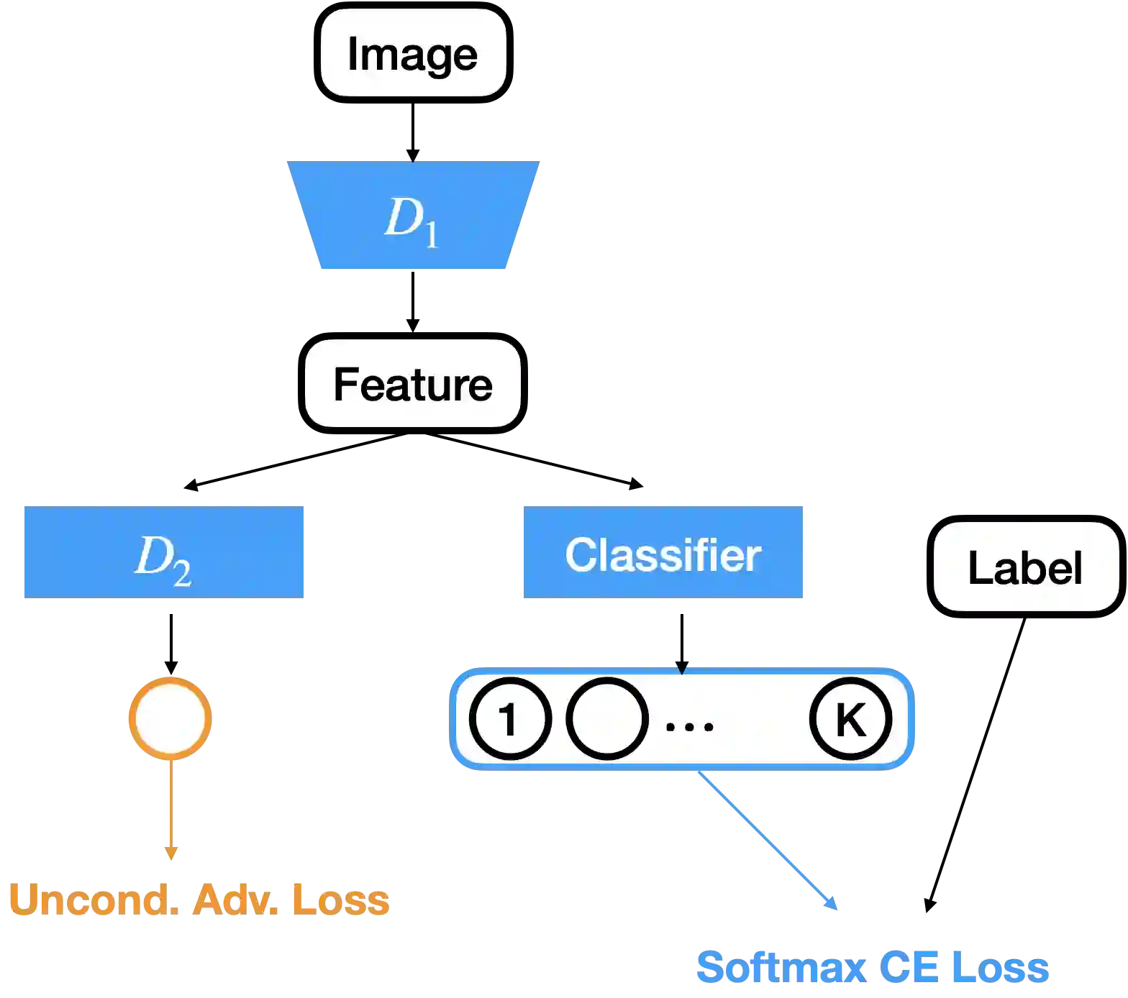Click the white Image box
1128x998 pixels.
413,53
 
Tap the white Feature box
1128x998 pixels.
412,384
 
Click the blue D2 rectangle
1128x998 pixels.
163,552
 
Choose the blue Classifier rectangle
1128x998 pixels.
663,552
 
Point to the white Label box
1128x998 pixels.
1025,567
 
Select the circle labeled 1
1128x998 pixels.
509,718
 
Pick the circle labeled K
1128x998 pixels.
850,718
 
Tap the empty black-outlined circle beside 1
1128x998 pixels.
606,718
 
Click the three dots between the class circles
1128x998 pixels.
689,726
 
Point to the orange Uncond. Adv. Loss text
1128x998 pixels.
199,899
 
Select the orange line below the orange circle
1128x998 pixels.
170,805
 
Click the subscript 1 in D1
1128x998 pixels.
431,234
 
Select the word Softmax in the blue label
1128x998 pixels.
780,966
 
